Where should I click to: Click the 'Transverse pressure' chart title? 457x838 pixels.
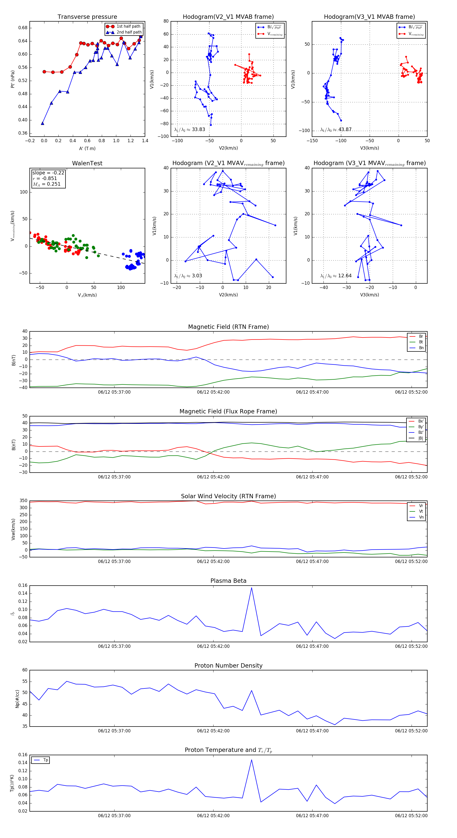click(87, 17)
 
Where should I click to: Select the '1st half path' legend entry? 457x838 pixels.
click(128, 26)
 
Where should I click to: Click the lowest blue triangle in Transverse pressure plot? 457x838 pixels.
click(43, 123)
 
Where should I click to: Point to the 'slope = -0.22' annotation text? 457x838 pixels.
click(48, 173)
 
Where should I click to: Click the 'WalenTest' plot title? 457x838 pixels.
click(87, 163)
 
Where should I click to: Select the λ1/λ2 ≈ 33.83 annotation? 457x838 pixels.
click(190, 130)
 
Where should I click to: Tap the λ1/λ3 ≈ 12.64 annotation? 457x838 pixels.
click(336, 276)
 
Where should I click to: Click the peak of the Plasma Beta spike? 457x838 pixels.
click(251, 588)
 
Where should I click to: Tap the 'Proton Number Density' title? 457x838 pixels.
click(228, 666)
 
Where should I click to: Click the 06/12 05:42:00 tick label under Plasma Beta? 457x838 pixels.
click(213, 646)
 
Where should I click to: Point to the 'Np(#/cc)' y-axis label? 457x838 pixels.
click(17, 699)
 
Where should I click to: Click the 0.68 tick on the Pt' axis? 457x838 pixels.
click(23, 28)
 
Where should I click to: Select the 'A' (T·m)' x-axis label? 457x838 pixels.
click(87, 148)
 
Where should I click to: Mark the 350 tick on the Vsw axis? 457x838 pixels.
click(23, 501)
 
